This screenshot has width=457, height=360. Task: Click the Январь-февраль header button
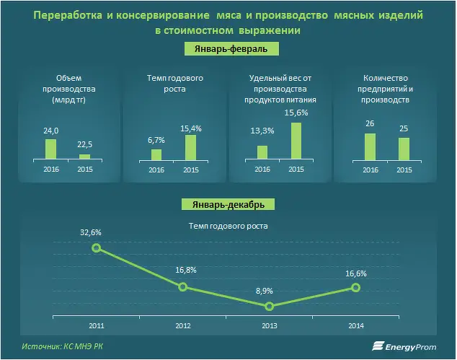pyautogui.click(x=228, y=48)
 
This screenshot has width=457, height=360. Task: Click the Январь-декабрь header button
pyautogui.click(x=228, y=204)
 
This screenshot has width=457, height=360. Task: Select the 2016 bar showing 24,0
pyautogui.click(x=50, y=148)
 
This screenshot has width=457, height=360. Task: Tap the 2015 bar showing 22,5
pyautogui.click(x=84, y=156)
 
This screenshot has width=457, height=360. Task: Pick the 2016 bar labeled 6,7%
pyautogui.click(x=156, y=153)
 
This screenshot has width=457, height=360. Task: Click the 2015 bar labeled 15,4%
pyautogui.click(x=190, y=146)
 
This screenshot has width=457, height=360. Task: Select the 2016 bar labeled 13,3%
pyautogui.click(x=262, y=152)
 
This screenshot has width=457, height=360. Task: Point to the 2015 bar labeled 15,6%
pyautogui.click(x=296, y=140)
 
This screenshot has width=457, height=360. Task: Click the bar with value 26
pyautogui.click(x=370, y=146)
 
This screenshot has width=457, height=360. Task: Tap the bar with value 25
pyautogui.click(x=404, y=147)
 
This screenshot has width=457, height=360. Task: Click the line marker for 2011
pyautogui.click(x=97, y=248)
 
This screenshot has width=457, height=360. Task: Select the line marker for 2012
pyautogui.click(x=183, y=286)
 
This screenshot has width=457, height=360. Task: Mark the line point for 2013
pyautogui.click(x=269, y=306)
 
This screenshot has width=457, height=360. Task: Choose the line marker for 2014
pyautogui.click(x=355, y=287)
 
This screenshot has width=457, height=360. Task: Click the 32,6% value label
pyautogui.click(x=90, y=232)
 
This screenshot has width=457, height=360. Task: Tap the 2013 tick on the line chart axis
pyautogui.click(x=269, y=326)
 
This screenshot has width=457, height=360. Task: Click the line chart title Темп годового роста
pyautogui.click(x=228, y=225)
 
